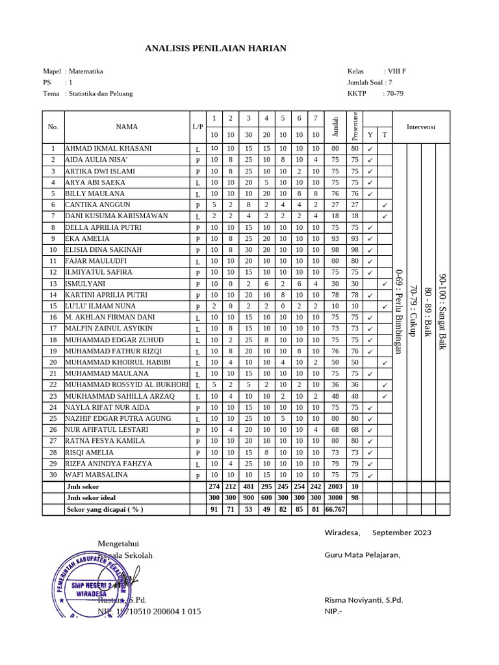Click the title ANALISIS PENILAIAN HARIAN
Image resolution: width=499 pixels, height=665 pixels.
(x=215, y=49)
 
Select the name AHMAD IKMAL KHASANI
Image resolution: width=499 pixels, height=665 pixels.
(x=108, y=148)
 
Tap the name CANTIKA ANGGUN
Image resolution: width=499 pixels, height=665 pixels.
(x=98, y=205)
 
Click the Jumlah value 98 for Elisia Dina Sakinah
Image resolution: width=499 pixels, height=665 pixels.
(x=335, y=249)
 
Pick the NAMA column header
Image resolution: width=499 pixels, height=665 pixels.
(x=127, y=127)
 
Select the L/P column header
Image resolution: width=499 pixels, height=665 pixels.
(x=198, y=127)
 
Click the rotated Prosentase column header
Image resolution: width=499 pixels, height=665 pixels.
(x=355, y=126)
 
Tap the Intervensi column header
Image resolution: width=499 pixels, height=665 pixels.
(x=421, y=127)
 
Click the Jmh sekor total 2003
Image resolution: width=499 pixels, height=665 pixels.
(x=335, y=486)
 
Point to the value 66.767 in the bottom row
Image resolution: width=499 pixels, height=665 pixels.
(x=335, y=509)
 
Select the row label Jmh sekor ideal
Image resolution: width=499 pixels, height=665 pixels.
(x=92, y=498)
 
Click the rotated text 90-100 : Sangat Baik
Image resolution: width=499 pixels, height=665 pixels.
(x=442, y=312)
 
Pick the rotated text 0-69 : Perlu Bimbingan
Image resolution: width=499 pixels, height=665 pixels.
(x=400, y=312)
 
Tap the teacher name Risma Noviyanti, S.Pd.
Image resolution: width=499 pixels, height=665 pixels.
(x=363, y=599)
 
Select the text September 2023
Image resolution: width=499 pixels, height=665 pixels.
(x=401, y=533)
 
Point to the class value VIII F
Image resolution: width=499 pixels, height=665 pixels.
(x=396, y=71)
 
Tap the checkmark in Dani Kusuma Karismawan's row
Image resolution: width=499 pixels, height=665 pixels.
(x=385, y=216)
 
